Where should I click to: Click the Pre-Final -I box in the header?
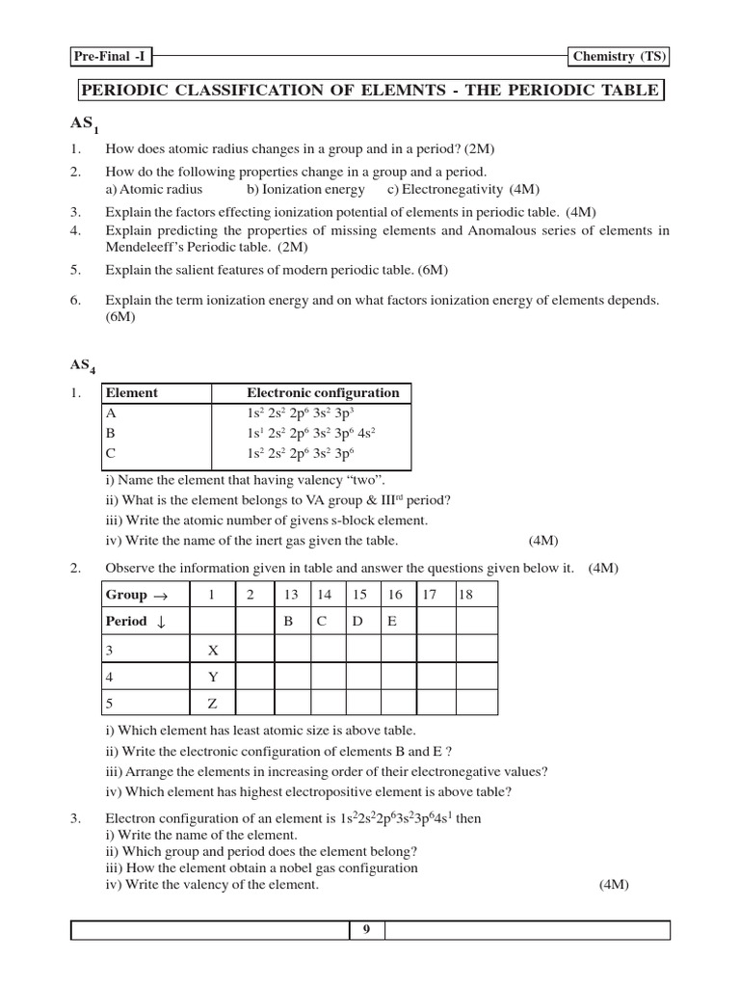110,57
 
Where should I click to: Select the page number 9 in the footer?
366,930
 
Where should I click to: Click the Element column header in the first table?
131,393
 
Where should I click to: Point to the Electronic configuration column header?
323,393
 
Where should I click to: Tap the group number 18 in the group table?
466,595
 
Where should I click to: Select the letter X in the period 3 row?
213,650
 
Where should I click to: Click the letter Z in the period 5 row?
213,704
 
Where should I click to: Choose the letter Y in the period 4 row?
213,677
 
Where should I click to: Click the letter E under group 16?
392,622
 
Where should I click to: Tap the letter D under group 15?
357,622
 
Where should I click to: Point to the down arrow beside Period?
161,622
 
